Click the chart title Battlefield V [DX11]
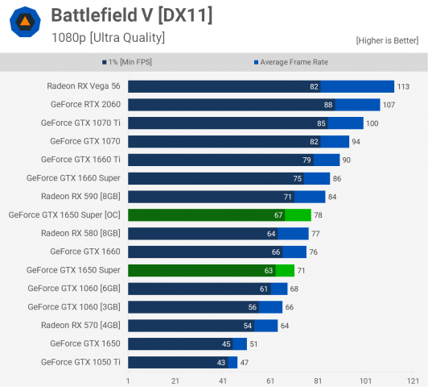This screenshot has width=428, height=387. click(x=131, y=15)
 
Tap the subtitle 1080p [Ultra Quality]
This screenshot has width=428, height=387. click(x=108, y=37)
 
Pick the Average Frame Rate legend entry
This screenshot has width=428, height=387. click(x=291, y=62)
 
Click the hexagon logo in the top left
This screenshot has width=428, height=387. click(x=26, y=23)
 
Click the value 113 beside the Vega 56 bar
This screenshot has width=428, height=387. click(x=403, y=86)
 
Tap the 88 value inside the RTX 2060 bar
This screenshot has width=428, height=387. click(x=327, y=105)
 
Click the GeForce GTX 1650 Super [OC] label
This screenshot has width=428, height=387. click(x=64, y=215)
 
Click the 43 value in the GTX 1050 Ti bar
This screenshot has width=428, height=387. click(x=220, y=362)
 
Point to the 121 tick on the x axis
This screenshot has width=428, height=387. click(x=412, y=380)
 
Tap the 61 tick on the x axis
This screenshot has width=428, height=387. click(x=270, y=380)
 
